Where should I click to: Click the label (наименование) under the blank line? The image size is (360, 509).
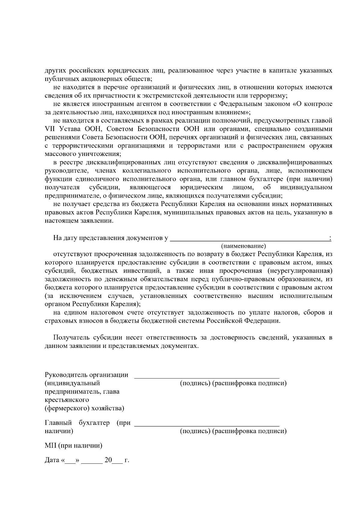click(x=244, y=246)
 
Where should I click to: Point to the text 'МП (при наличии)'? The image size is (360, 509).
click(x=73, y=446)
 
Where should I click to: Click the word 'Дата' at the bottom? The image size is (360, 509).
click(x=52, y=460)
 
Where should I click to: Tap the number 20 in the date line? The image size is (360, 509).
click(x=108, y=460)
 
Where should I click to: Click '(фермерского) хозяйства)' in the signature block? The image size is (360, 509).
click(x=84, y=409)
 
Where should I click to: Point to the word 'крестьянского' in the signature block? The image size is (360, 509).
click(x=67, y=400)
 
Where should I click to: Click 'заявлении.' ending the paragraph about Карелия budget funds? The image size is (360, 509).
click(x=99, y=221)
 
